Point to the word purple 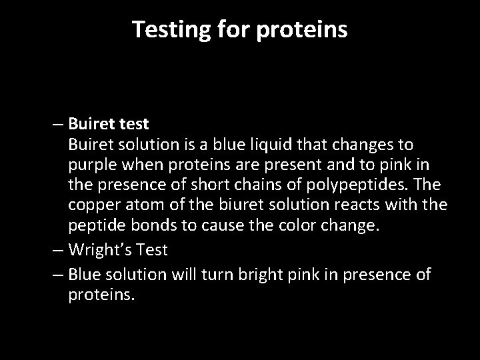click(93, 164)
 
